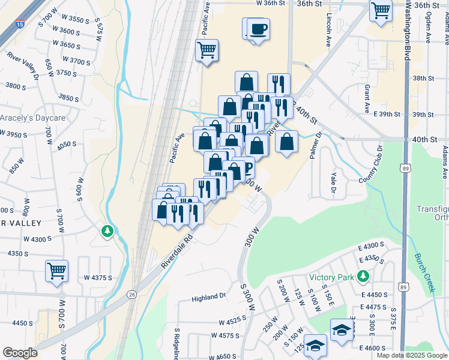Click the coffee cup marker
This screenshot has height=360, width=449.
point(258,29)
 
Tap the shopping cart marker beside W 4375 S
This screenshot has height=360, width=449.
point(57,271)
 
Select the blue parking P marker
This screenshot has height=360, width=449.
point(245,167)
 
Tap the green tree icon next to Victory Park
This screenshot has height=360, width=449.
point(363,276)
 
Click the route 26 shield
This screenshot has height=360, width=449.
point(131,294)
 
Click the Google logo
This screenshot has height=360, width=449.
point(20,352)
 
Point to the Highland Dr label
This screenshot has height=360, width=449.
point(208,296)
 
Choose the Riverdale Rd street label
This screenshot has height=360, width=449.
point(176,253)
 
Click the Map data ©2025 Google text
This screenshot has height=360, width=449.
point(411,355)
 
